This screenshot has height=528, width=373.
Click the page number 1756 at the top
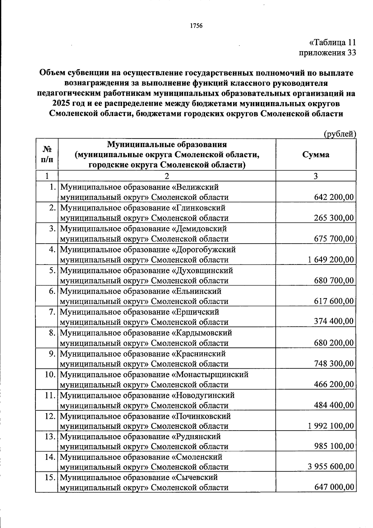click(x=196, y=26)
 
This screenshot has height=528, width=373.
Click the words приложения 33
click(x=327, y=53)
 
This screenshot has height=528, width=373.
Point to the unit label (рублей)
click(x=340, y=134)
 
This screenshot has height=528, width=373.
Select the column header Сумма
click(x=315, y=154)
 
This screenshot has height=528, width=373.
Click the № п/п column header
click(x=47, y=155)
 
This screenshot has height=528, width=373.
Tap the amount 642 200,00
click(x=334, y=197)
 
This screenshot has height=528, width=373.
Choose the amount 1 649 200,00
click(x=331, y=259)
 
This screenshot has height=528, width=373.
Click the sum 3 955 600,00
click(x=331, y=466)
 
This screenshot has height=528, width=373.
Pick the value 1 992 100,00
click(x=331, y=426)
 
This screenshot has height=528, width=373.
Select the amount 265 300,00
click(x=334, y=218)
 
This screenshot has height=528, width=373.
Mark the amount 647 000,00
click(x=334, y=487)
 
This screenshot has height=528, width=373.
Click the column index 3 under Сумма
click(x=315, y=176)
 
